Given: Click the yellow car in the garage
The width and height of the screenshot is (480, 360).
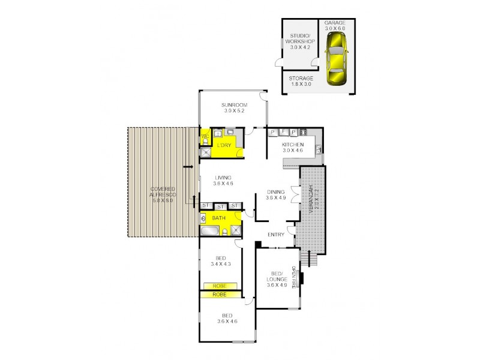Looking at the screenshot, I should pos(337,59).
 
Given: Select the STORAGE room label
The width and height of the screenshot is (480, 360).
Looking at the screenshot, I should pos(300,78).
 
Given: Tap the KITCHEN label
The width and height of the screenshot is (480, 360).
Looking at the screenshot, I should pos(293,145).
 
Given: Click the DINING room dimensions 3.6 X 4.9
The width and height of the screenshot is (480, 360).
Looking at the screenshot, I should pos(277,199).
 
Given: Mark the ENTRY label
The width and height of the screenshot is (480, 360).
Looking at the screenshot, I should pos(276,235).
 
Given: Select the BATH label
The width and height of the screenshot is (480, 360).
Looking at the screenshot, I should pos(219,218).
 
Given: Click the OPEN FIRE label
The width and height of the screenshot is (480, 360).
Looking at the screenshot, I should pos(295,278).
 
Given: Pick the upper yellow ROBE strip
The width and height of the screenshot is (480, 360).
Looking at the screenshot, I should pos(221,286).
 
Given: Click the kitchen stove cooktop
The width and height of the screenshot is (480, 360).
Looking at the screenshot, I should pos(303,132).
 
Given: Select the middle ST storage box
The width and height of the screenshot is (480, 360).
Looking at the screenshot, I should pos(219,206).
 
